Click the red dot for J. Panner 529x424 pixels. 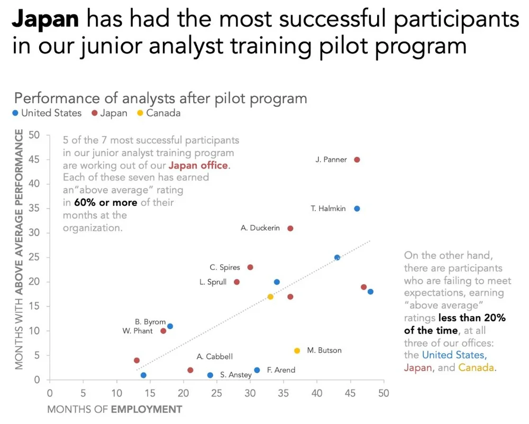point(357,160)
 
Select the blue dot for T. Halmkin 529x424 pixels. point(357,209)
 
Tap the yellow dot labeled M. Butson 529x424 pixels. point(297,350)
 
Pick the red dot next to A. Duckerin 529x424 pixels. point(290,228)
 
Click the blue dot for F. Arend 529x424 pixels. point(257,370)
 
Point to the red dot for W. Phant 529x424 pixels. point(163,331)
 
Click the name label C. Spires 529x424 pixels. point(225,267)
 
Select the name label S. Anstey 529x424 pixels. point(236,375)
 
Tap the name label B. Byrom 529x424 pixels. point(150,322)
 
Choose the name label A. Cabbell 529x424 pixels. point(214,357)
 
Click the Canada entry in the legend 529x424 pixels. point(163,113)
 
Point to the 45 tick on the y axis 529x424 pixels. point(34,159)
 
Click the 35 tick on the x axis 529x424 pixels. point(284,393)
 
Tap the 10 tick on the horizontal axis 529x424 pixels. point(116,393)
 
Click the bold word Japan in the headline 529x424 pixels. point(45,20)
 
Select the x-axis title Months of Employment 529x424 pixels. point(115,409)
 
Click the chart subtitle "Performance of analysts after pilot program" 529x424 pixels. point(160,98)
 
